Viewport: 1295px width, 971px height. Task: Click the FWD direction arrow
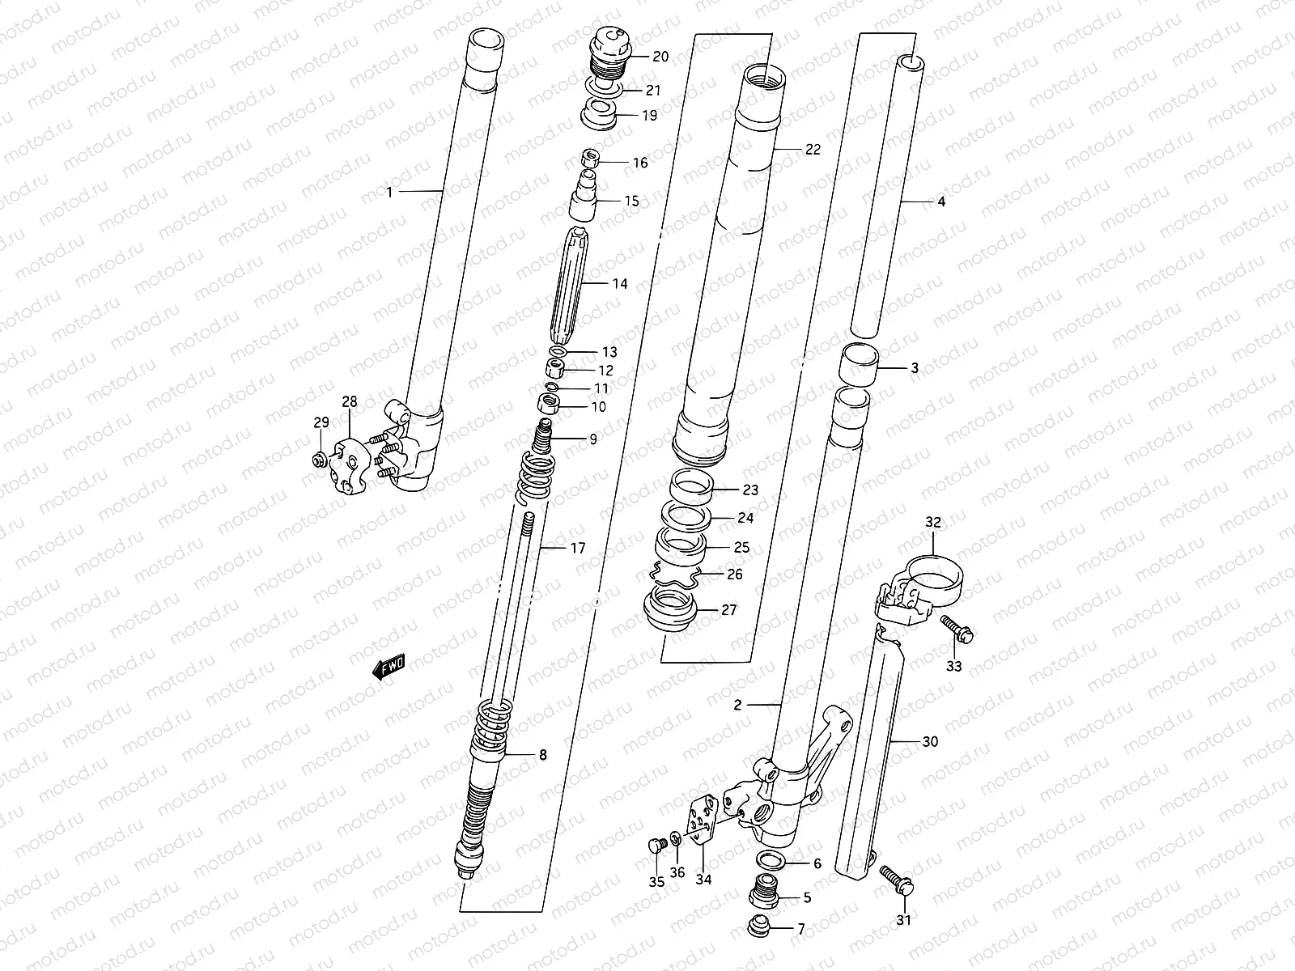pos(388,667)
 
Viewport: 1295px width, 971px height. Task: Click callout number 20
pos(660,57)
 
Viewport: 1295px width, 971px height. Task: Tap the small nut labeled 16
pos(590,158)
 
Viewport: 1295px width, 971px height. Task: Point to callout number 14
pos(619,284)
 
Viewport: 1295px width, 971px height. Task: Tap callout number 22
pos(813,150)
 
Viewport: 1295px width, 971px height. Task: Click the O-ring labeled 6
pos(771,862)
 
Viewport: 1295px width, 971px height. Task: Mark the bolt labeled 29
pos(320,461)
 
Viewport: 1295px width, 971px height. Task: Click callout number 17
pos(577,549)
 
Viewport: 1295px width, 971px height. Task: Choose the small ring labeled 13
pos(558,352)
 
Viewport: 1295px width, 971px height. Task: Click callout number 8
pos(542,755)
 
